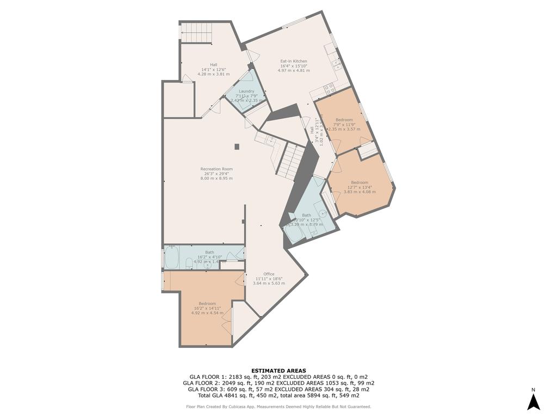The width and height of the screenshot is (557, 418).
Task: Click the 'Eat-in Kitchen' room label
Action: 294,61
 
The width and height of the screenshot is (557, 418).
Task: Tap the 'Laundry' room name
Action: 246,91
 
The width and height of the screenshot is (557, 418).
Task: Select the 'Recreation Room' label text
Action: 216,169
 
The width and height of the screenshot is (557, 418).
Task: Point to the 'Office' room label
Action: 269,274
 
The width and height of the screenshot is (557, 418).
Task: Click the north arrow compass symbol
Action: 534,401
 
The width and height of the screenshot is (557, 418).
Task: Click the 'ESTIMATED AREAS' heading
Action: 278,371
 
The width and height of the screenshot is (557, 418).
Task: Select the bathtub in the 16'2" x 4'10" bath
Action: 172,258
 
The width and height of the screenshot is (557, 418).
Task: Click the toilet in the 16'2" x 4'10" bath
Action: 189,264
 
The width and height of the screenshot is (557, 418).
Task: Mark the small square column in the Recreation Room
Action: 237,146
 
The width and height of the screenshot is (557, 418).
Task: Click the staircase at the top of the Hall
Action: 196,32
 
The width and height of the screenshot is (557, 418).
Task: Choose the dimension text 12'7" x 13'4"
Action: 360,187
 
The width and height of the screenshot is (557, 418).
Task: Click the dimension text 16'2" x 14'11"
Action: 207,308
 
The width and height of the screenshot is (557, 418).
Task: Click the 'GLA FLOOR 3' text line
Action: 278,389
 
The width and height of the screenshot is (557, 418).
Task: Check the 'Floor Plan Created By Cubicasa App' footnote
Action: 278,407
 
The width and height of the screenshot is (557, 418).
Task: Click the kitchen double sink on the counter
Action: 337,64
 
